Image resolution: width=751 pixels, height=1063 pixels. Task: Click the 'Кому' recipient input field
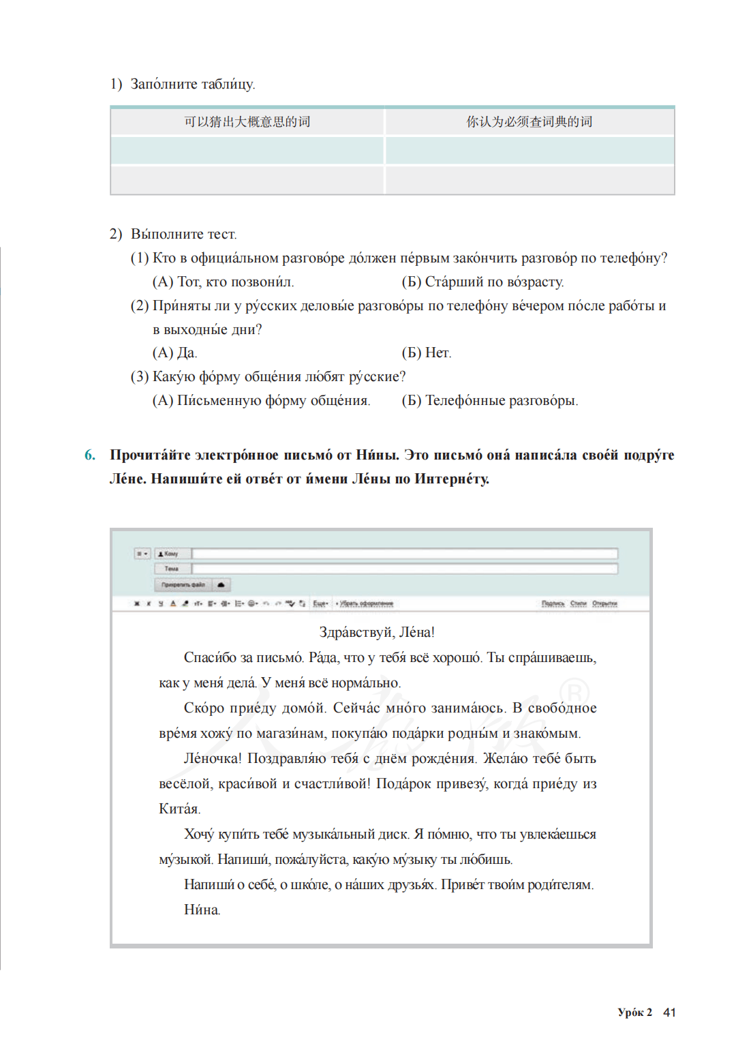click(x=405, y=554)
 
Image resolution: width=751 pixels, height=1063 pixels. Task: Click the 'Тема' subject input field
click(x=405, y=569)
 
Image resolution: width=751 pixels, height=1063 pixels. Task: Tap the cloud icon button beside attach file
click(x=221, y=585)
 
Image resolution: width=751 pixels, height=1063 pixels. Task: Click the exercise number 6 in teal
click(x=90, y=455)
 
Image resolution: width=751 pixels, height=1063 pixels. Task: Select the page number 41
click(x=669, y=1013)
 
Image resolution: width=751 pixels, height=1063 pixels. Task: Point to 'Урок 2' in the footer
click(x=634, y=1013)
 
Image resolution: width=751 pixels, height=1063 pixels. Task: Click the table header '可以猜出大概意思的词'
click(x=247, y=122)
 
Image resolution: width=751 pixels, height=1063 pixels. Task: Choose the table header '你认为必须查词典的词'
click(x=530, y=122)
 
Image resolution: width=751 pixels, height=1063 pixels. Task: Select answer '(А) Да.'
click(x=174, y=353)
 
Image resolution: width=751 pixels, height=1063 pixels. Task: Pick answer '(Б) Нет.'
click(x=427, y=353)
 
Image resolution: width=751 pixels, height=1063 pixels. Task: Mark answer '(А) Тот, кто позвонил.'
click(x=223, y=282)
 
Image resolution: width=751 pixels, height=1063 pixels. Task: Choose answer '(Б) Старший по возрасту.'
click(x=482, y=282)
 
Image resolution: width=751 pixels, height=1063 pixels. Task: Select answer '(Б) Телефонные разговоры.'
click(x=489, y=401)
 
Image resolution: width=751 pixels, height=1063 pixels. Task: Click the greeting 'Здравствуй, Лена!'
click(x=376, y=633)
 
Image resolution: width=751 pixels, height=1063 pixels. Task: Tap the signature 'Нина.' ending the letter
click(x=202, y=910)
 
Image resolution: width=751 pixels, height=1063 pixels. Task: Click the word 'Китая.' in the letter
click(x=179, y=809)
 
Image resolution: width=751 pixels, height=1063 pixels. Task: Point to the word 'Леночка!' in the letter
click(x=213, y=759)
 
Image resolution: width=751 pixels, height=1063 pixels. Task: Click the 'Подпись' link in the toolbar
click(x=553, y=603)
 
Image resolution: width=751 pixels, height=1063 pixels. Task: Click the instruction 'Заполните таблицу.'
click(x=192, y=85)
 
